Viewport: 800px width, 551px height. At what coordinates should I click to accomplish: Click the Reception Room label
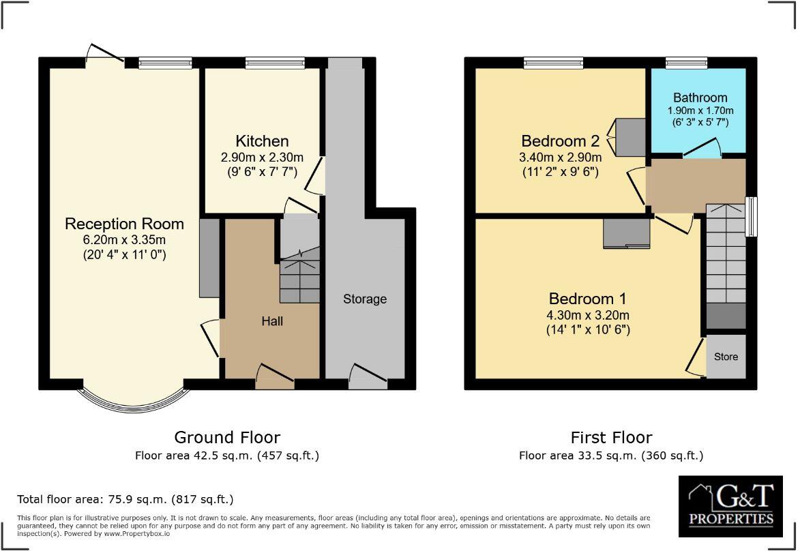point(124,224)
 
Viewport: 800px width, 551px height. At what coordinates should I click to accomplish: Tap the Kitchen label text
point(262,141)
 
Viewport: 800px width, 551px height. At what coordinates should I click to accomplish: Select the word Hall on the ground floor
point(272,321)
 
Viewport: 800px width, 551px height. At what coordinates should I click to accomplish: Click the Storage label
point(365,299)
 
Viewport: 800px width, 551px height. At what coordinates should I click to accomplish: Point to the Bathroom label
point(700,98)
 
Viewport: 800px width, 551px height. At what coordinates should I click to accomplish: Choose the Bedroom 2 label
point(560,141)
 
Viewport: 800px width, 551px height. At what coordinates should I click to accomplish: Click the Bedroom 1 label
point(587,299)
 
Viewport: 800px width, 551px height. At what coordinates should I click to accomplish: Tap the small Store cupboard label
point(726,357)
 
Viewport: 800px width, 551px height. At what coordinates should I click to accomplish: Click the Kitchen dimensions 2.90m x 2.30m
point(262,158)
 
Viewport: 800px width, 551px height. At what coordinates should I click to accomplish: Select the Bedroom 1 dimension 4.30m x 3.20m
point(587,315)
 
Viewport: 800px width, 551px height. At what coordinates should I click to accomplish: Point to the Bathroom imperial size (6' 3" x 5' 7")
point(700,123)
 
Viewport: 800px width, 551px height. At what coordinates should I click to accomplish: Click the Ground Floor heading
point(227,437)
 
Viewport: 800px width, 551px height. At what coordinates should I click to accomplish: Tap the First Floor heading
point(611,437)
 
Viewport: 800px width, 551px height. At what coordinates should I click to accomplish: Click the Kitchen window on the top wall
point(275,63)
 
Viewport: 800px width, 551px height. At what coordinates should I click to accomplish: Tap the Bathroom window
point(686,63)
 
